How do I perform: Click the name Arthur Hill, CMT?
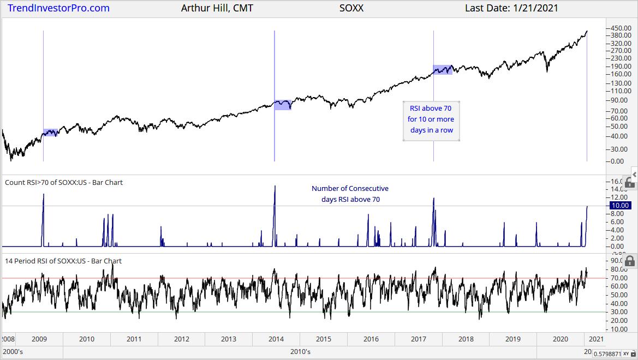[217, 8]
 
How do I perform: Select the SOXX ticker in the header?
[351, 8]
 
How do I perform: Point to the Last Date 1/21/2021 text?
[511, 8]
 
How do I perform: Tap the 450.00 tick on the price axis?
[622, 28]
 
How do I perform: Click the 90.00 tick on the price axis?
[622, 100]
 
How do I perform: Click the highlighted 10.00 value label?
[619, 206]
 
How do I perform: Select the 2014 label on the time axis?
[276, 339]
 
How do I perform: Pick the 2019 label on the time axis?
[512, 339]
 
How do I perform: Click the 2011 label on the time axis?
[134, 339]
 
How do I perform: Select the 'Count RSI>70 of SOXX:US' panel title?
[64, 182]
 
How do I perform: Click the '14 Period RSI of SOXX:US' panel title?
[63, 261]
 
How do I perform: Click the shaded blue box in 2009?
[50, 133]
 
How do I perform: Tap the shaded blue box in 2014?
[283, 105]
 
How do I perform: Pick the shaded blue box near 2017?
[443, 70]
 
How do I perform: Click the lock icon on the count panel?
[629, 182]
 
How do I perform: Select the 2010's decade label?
[301, 352]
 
